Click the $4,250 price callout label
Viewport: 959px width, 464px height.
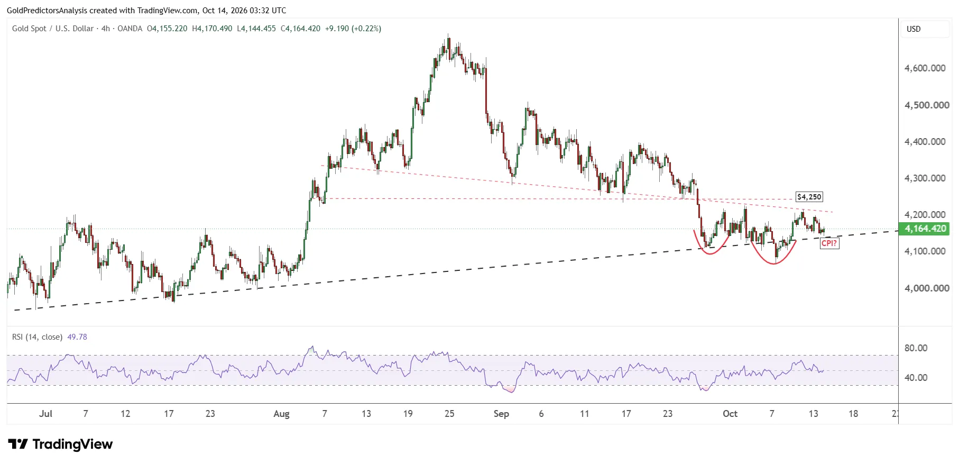point(809,197)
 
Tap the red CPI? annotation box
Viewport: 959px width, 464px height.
point(829,243)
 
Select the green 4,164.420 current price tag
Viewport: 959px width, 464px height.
point(925,229)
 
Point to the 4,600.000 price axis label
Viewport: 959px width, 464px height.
point(925,68)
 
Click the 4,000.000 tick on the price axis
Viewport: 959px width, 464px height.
point(925,288)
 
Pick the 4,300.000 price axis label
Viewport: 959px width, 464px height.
point(925,178)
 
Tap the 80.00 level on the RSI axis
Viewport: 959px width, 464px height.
point(916,348)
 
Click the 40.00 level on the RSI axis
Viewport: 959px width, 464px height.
point(916,378)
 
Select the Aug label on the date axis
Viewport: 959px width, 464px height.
point(281,414)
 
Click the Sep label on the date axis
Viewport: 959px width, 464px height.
point(501,414)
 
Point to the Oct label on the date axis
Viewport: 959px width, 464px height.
point(730,414)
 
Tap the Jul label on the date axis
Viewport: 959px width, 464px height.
point(45,414)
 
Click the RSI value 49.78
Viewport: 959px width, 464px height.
point(77,337)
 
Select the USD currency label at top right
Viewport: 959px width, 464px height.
point(914,29)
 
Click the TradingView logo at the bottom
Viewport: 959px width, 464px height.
point(60,444)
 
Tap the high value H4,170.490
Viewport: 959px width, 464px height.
point(212,29)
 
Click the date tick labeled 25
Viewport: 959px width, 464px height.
point(449,414)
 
